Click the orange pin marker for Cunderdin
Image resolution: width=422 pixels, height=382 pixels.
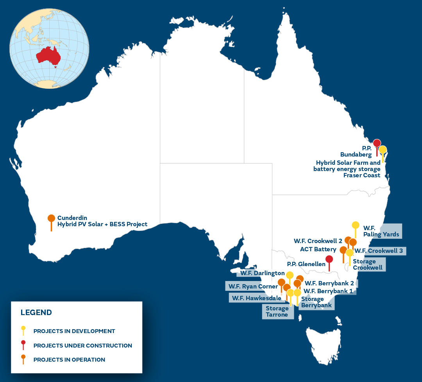51,219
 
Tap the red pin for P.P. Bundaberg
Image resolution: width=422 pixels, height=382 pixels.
377,143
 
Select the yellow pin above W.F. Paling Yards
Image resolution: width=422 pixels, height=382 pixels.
355,225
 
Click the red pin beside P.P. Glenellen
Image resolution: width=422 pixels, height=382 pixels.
329,259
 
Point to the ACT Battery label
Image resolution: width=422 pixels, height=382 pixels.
318,249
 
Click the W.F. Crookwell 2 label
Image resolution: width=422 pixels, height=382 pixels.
318,240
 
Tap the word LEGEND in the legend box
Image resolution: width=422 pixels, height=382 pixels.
36,313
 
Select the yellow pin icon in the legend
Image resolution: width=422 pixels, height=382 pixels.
23,329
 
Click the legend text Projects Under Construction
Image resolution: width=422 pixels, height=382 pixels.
83,346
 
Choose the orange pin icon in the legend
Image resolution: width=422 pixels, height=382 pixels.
23,358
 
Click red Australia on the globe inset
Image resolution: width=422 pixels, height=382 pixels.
49,55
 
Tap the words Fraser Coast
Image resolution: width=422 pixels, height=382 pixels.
362,175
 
